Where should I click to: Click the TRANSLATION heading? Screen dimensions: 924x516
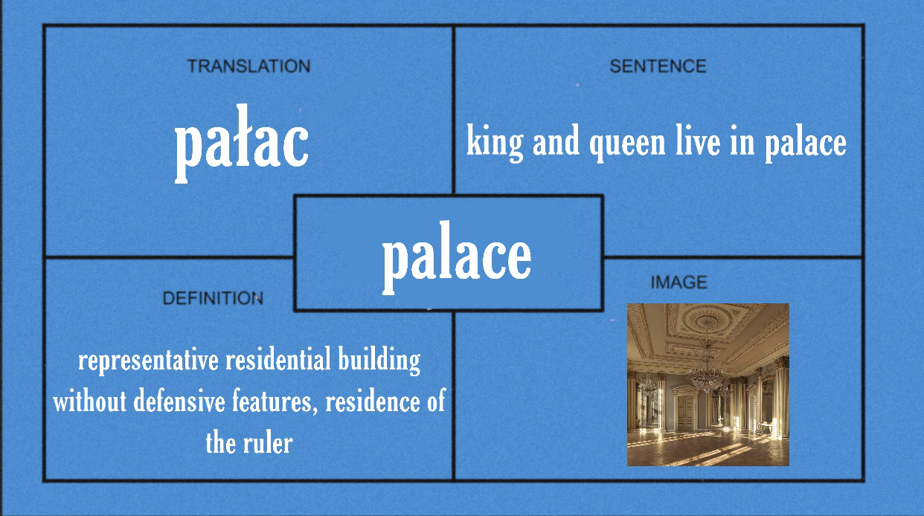248,66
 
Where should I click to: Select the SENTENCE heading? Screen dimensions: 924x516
658,66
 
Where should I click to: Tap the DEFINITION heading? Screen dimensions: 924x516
213,298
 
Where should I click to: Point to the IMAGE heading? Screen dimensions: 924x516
679,283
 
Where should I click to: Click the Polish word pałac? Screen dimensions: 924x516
242,143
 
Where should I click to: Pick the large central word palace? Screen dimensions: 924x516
457,258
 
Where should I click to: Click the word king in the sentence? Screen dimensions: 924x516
495,143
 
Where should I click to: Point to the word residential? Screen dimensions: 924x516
278,358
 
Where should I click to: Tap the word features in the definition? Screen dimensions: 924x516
275,401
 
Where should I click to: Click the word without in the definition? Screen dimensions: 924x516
89,401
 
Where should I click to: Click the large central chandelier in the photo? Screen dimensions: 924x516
707,371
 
